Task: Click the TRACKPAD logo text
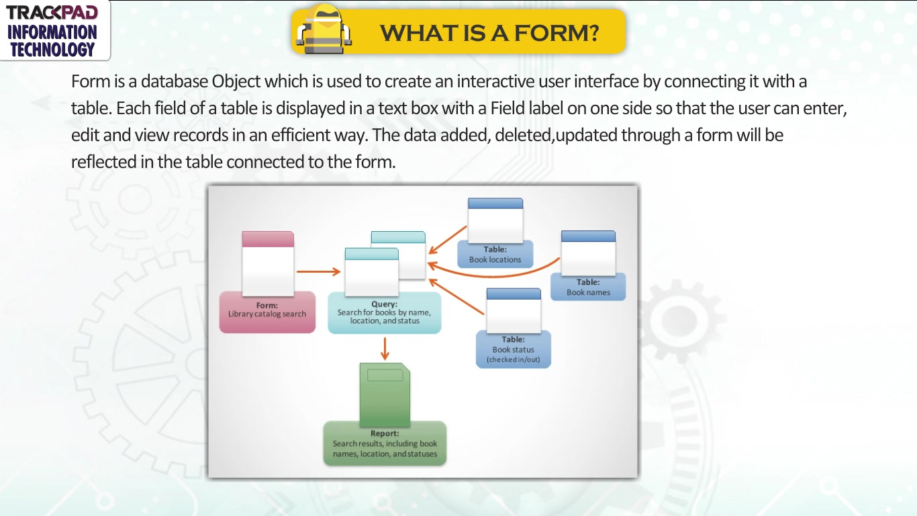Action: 52,12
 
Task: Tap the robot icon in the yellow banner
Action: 324,30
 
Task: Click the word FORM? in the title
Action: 557,33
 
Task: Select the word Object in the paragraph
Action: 236,81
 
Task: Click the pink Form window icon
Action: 268,263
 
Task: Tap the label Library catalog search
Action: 267,314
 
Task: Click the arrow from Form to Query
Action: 318,271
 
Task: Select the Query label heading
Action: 385,304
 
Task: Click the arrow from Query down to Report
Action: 385,349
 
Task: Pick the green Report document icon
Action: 385,394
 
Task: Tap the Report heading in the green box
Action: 385,433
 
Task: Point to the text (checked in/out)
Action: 514,359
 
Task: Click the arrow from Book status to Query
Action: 456,297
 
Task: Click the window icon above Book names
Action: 588,253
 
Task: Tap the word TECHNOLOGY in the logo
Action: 52,50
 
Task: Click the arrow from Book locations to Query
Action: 448,240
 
